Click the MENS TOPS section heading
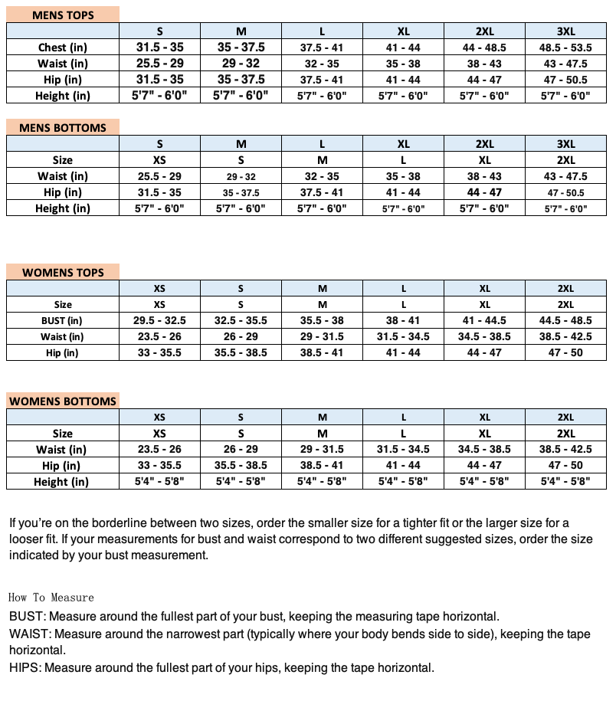(x=63, y=15)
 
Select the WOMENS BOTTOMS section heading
(x=63, y=401)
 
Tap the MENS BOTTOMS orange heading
(x=63, y=127)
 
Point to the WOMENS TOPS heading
(x=63, y=272)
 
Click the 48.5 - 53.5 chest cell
(x=565, y=47)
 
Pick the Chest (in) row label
(x=63, y=47)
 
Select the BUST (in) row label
(x=63, y=321)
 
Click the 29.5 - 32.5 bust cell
(x=159, y=321)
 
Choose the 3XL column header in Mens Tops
(x=565, y=31)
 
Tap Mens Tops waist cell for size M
(x=241, y=64)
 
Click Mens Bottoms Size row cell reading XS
(x=159, y=160)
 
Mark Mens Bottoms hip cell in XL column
(x=403, y=192)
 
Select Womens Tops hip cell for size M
(x=322, y=353)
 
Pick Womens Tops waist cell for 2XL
(x=565, y=337)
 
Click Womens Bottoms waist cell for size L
(x=403, y=450)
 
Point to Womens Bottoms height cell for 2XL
(x=565, y=482)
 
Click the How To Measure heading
(x=51, y=598)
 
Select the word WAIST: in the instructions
(x=30, y=634)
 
